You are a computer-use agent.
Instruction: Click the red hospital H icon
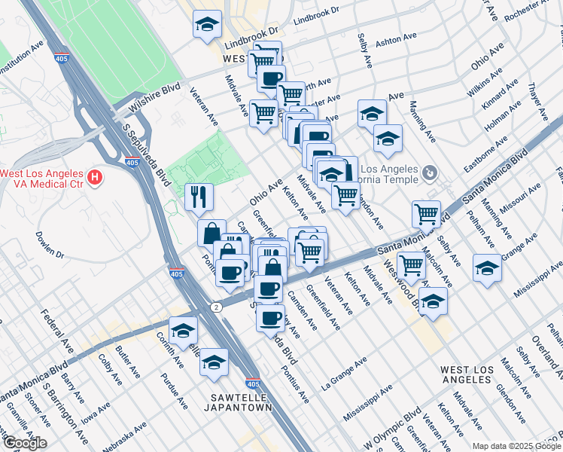(95, 178)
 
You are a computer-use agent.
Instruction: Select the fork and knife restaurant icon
(199, 197)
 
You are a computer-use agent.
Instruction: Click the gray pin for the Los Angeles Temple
(429, 174)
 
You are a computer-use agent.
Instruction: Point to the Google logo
(24, 443)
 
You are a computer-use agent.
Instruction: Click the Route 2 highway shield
(216, 307)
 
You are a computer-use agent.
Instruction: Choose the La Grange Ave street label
(344, 372)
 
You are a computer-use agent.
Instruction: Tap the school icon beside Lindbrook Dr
(208, 25)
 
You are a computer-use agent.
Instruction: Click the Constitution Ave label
(20, 59)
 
